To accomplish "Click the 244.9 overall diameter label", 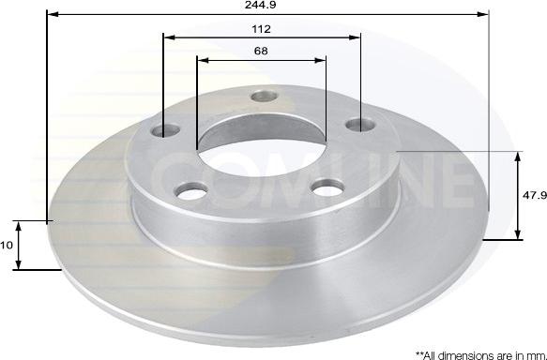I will click(x=268, y=5).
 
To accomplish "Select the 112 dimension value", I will click(x=261, y=28).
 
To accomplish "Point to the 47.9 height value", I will click(x=533, y=196).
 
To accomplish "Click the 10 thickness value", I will click(x=7, y=245).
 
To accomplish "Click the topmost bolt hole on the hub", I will click(x=264, y=96).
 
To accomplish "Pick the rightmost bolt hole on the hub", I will click(x=355, y=125).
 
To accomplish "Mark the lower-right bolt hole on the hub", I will click(x=326, y=187).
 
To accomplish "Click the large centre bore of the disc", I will click(x=260, y=147).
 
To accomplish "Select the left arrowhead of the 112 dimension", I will click(x=168, y=37).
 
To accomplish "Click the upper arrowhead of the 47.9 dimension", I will click(x=518, y=156).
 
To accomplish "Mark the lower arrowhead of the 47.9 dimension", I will click(x=518, y=235).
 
